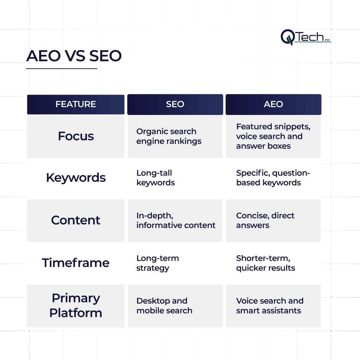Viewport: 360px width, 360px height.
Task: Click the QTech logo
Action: point(306,37)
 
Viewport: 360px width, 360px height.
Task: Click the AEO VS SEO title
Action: point(74,56)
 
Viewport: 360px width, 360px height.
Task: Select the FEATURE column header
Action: point(76,104)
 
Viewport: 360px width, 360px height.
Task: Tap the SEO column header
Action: point(175,104)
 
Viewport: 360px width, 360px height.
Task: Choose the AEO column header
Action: point(274,104)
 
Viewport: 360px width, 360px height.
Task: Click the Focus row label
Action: point(76,136)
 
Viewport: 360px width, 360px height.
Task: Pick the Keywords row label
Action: point(76,178)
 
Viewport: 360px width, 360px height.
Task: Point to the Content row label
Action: point(76,220)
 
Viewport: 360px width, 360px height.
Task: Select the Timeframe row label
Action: point(76,263)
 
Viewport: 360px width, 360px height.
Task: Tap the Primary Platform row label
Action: point(76,306)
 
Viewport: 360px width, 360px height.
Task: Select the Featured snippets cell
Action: point(273,136)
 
